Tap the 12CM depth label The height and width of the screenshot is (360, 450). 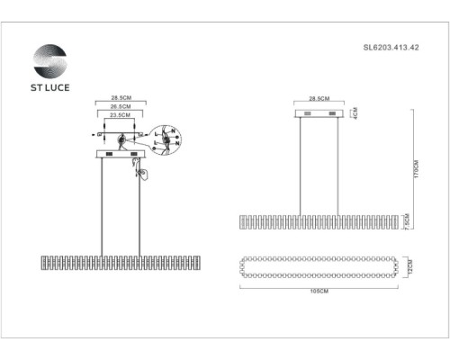tap(409, 267)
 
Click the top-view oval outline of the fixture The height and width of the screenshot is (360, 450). tap(319, 267)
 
